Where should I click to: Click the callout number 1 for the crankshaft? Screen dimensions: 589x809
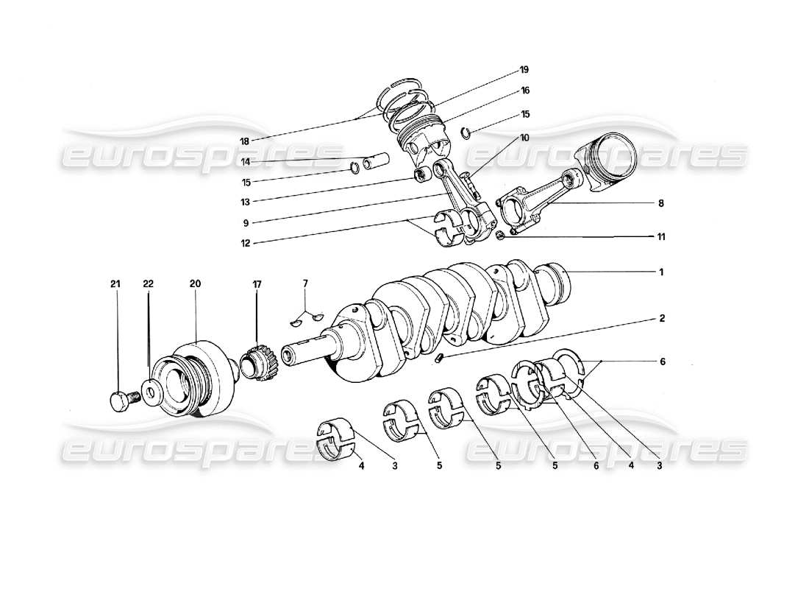click(x=661, y=272)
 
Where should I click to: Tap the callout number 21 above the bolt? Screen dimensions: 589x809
click(x=115, y=283)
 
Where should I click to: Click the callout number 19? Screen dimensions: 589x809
click(x=524, y=69)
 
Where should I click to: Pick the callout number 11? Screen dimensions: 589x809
click(x=661, y=237)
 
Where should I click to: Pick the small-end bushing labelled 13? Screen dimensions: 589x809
click(x=424, y=175)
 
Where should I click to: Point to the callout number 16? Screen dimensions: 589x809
click(x=524, y=91)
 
